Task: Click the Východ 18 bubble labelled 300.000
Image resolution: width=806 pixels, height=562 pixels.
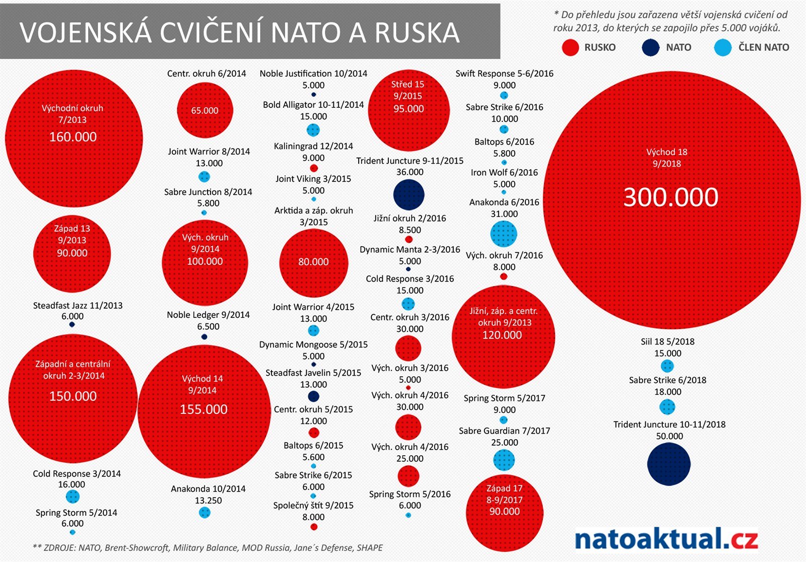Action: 671,200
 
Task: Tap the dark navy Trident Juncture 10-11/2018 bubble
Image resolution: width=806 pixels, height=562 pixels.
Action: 668,464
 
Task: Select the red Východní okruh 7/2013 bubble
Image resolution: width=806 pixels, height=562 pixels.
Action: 74,138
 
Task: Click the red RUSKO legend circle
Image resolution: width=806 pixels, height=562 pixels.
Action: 570,47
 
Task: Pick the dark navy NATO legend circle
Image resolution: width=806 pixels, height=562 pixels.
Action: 651,47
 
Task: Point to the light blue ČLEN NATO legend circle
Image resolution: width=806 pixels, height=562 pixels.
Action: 723,47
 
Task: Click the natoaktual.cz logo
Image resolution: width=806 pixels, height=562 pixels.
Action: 666,539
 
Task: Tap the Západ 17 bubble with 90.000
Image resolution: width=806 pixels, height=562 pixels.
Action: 504,513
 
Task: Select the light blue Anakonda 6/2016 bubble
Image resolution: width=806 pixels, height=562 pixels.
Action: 503,234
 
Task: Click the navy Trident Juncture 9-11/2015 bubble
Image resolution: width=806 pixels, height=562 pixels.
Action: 409,195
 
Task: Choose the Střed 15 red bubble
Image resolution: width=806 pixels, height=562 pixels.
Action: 409,110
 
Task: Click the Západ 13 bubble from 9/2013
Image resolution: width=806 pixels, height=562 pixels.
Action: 72,253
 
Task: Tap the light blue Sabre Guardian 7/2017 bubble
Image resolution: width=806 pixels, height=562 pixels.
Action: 503,460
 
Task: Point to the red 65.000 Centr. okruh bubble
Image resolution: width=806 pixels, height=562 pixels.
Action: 205,110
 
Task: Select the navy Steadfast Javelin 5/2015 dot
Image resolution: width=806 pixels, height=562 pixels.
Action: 313,396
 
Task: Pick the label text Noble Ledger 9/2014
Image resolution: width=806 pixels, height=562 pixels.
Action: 208,315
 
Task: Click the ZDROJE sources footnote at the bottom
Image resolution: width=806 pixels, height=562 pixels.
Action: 208,547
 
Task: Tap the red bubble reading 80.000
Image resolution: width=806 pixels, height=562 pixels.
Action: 313,262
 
